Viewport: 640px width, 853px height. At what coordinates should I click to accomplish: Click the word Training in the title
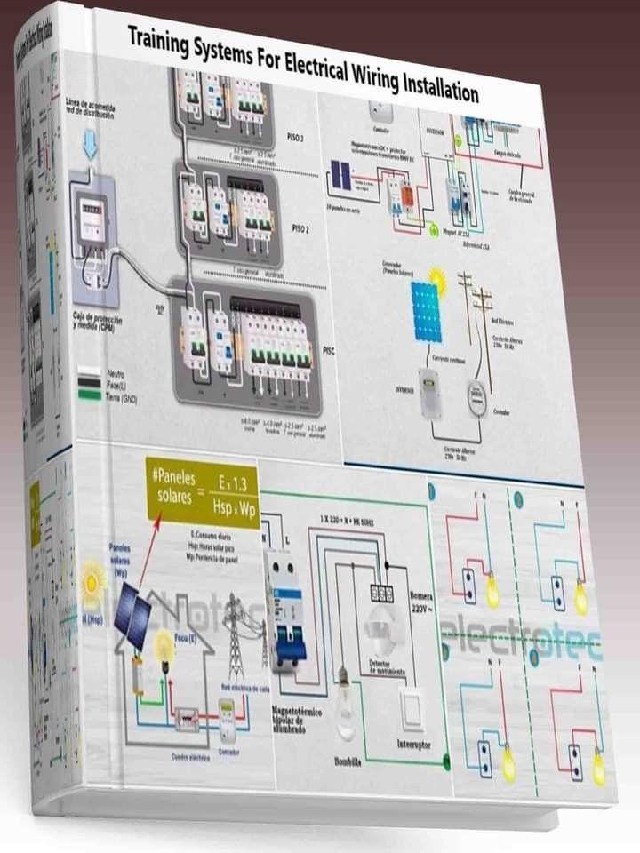pyautogui.click(x=157, y=39)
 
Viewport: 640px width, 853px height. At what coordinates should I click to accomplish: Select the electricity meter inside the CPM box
pyautogui.click(x=92, y=217)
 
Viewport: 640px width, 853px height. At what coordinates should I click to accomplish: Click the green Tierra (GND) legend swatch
pyautogui.click(x=89, y=394)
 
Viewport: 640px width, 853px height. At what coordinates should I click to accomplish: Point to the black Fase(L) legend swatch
pyautogui.click(x=89, y=384)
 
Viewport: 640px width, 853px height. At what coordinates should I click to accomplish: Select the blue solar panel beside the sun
pyautogui.click(x=426, y=311)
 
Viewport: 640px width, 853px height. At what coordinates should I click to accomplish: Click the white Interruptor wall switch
pyautogui.click(x=412, y=708)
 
